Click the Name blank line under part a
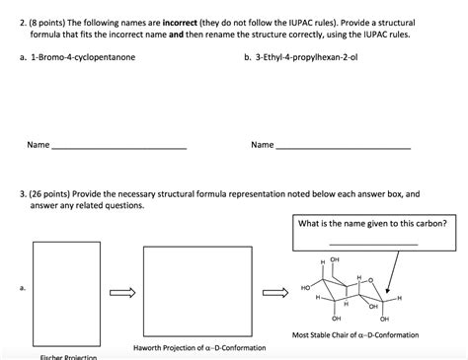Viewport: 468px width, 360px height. pos(118,146)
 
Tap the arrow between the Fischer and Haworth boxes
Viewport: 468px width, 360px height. pos(121,291)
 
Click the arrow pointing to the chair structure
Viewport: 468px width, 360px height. pos(275,291)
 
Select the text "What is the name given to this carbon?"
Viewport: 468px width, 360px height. pos(372,223)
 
